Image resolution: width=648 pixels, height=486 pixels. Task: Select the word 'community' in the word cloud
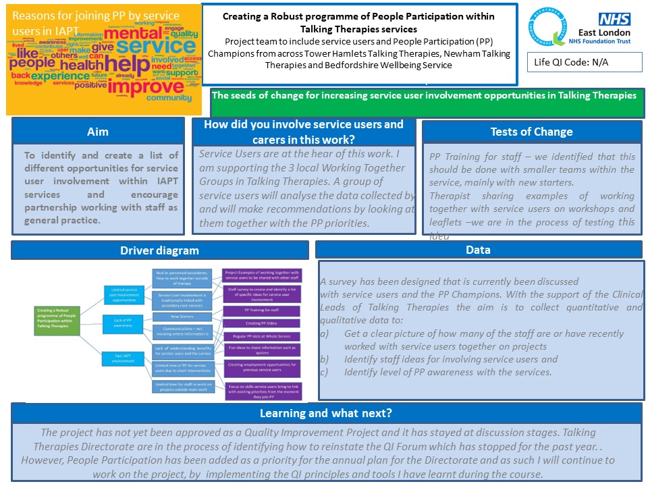[169, 98]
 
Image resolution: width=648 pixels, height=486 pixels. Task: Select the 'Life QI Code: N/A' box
[584, 62]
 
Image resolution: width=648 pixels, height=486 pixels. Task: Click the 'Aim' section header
[97, 132]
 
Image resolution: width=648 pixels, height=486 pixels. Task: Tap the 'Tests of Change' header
[531, 132]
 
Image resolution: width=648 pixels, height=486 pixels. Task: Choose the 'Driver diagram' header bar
[159, 250]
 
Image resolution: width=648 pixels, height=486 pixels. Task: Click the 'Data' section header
[478, 250]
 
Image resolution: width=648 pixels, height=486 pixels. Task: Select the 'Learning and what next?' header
[326, 413]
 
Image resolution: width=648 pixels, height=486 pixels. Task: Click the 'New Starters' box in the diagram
[184, 316]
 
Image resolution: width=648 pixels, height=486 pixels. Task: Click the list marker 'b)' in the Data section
[325, 359]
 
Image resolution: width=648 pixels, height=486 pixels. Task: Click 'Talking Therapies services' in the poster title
[359, 29]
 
